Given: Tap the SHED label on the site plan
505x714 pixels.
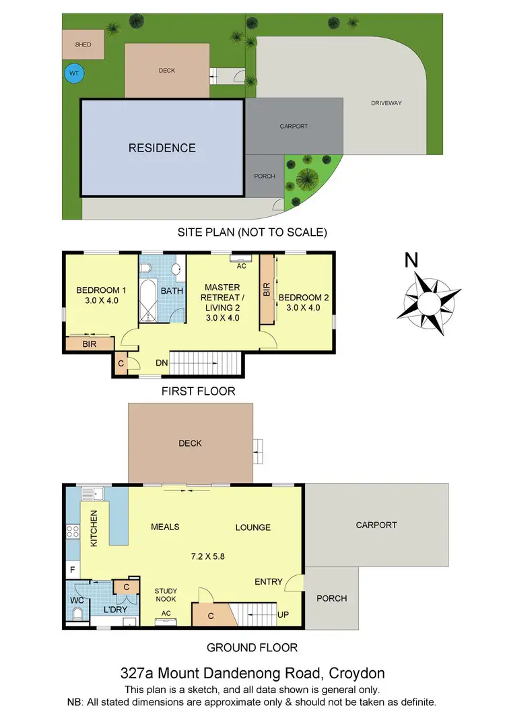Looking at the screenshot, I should tap(83, 44).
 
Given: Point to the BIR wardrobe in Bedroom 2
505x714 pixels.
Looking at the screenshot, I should tap(267, 290).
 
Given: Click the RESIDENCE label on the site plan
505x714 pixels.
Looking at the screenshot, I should tap(162, 148).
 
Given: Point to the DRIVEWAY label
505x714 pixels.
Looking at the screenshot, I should tap(386, 103).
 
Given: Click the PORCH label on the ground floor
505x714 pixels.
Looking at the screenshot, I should tap(331, 598).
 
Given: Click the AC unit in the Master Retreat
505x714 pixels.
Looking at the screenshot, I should tap(240, 257).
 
